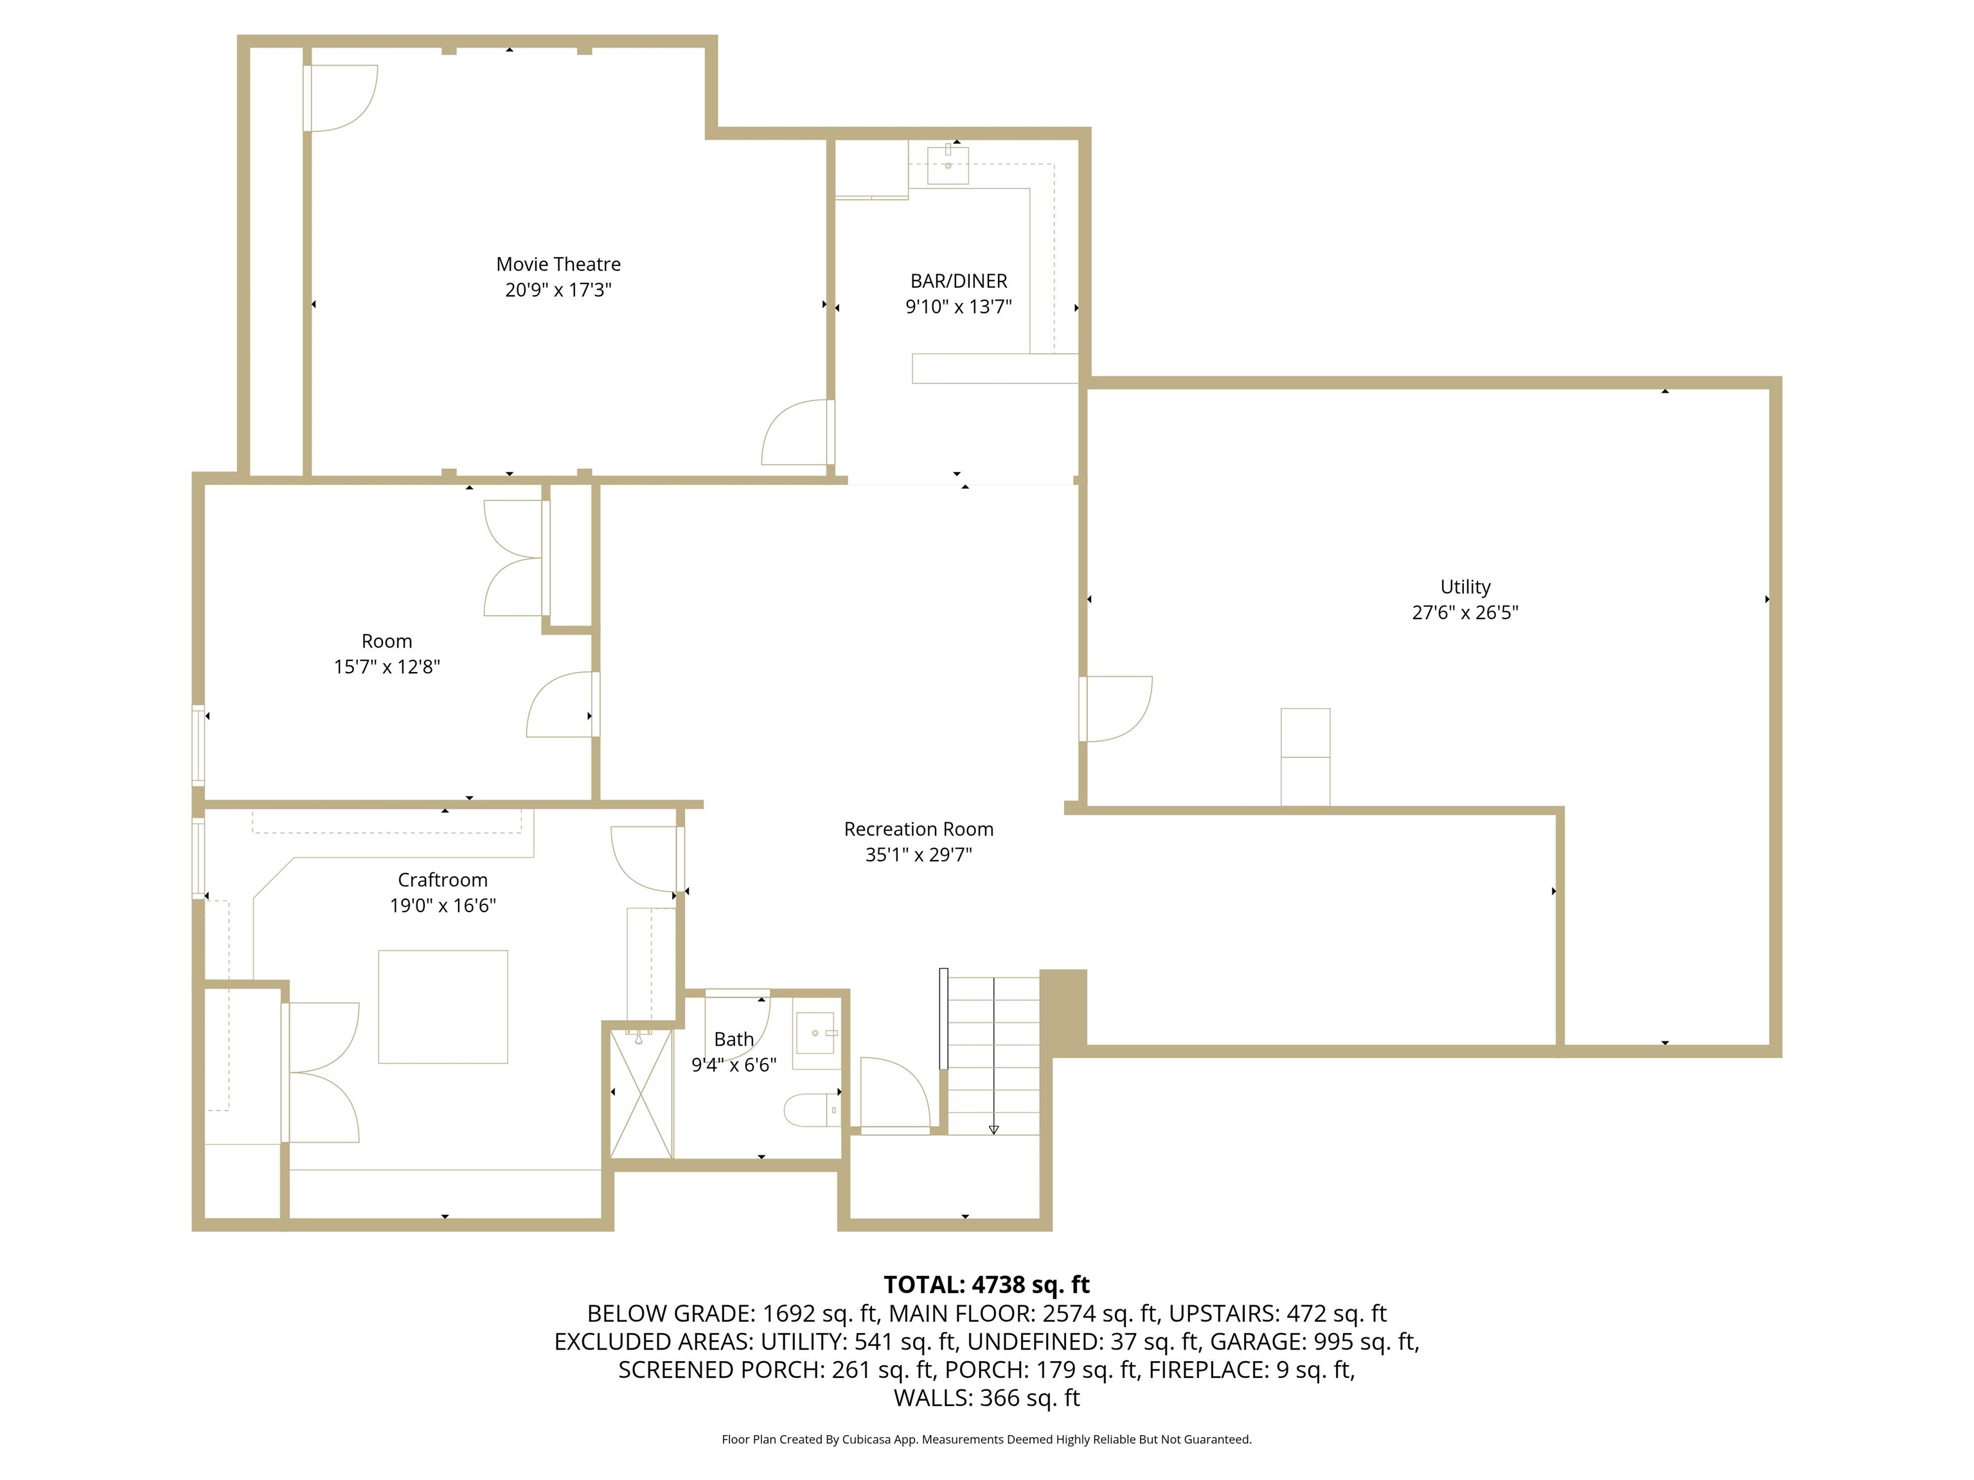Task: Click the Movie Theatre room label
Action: point(558,264)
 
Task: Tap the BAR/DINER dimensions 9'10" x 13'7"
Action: point(959,307)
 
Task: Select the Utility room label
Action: point(1464,587)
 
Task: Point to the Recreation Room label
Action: point(918,829)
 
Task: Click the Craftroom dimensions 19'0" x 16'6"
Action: point(443,906)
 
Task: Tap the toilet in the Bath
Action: point(810,1111)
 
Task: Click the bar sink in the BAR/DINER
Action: point(948,165)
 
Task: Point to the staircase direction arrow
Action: point(993,1129)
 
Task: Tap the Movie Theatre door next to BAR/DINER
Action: point(794,433)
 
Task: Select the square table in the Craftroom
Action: point(443,1007)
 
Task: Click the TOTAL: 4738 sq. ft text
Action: point(986,1285)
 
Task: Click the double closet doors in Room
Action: point(513,558)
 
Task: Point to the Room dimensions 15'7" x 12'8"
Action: point(386,667)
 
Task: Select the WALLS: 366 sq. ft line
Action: point(986,1398)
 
